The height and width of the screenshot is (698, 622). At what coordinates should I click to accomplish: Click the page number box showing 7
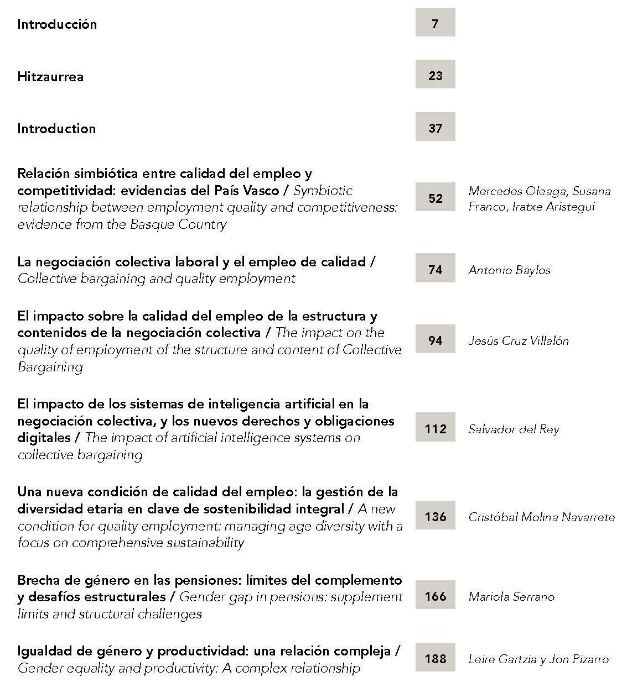[x=435, y=23]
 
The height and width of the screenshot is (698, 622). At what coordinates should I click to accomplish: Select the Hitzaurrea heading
[x=50, y=77]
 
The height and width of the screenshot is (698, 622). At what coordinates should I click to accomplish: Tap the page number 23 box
[x=435, y=75]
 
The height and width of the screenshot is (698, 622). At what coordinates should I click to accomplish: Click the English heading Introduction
[x=56, y=129]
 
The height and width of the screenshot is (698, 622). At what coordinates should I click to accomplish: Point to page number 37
[x=435, y=127]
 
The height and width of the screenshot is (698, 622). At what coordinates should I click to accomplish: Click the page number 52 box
[x=435, y=197]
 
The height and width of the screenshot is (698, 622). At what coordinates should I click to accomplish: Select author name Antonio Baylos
[x=509, y=270]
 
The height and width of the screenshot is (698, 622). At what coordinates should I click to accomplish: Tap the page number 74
[x=435, y=269]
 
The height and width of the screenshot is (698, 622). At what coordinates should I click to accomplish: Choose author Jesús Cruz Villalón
[x=518, y=340]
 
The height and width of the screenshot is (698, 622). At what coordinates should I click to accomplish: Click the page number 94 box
[x=435, y=339]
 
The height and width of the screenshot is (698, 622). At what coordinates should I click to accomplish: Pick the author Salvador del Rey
[x=514, y=429]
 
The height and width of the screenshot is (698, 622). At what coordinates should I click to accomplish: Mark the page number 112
[x=435, y=428]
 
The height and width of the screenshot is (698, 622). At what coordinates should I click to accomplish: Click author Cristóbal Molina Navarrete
[x=541, y=517]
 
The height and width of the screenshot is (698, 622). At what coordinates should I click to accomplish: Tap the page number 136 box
[x=435, y=516]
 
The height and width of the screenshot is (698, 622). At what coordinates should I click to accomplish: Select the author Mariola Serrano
[x=511, y=596]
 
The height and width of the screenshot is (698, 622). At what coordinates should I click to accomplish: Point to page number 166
[x=435, y=595]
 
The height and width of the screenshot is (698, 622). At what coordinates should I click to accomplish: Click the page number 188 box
[x=435, y=658]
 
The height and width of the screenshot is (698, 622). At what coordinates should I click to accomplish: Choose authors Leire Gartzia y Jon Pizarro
[x=538, y=659]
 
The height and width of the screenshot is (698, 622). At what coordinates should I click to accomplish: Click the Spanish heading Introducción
[x=57, y=24]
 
